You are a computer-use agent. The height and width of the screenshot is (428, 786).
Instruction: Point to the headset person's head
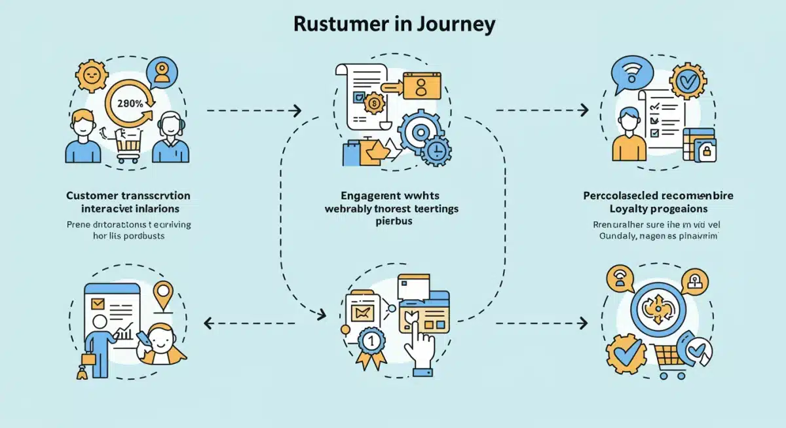(x=170, y=124)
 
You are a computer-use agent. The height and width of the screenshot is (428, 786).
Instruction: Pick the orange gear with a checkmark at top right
(x=686, y=82)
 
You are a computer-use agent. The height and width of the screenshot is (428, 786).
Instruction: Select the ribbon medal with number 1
(x=369, y=342)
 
